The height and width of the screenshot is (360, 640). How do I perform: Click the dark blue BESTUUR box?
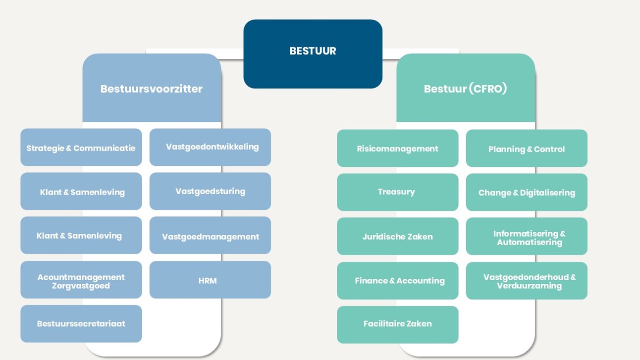pyautogui.click(x=313, y=53)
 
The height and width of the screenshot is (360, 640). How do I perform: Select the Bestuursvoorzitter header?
pyautogui.click(x=152, y=89)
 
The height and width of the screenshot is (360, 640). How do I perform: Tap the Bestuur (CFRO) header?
pyautogui.click(x=466, y=89)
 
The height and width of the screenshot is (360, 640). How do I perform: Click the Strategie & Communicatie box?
pyautogui.click(x=81, y=148)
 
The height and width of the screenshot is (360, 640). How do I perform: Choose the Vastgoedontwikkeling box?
pyautogui.click(x=210, y=147)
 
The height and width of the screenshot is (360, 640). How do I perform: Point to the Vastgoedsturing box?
pyautogui.click(x=210, y=191)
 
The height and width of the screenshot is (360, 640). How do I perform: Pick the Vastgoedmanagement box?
pyautogui.click(x=210, y=236)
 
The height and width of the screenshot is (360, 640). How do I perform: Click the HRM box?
pyautogui.click(x=210, y=280)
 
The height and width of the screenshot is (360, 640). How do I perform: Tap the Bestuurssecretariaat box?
pyautogui.click(x=81, y=324)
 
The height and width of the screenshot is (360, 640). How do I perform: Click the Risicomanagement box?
pyautogui.click(x=397, y=148)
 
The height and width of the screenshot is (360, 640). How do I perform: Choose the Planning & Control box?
pyautogui.click(x=527, y=148)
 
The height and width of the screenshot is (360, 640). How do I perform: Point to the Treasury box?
pyautogui.click(x=397, y=192)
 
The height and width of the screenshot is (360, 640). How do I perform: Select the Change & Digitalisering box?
pyautogui.click(x=527, y=192)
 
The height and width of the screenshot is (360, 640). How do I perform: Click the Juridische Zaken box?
pyautogui.click(x=397, y=236)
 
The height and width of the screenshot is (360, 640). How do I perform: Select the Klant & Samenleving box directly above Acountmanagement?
pyautogui.click(x=81, y=235)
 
